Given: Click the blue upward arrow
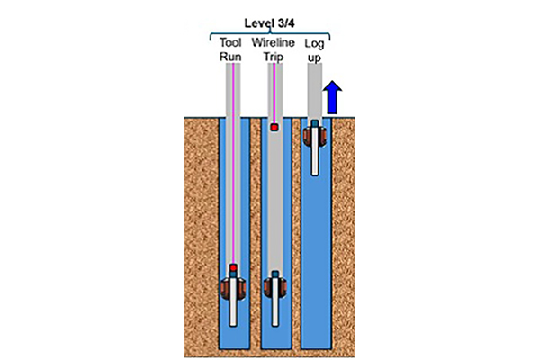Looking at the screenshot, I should pos(332,95).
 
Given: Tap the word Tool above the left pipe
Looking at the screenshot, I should pos(230,41).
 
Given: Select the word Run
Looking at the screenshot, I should pos(230,56).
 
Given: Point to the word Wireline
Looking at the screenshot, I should pos(274,41).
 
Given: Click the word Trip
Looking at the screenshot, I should pos(274,56).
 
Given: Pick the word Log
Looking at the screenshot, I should pos(314,41).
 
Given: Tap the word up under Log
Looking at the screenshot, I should pos(314,56).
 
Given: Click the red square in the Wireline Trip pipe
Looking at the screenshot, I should pos(274,128).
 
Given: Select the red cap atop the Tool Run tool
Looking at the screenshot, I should pos(232,268).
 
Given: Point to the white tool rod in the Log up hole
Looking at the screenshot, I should pos(314,157).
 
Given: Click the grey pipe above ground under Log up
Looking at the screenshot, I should pos(314,90).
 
